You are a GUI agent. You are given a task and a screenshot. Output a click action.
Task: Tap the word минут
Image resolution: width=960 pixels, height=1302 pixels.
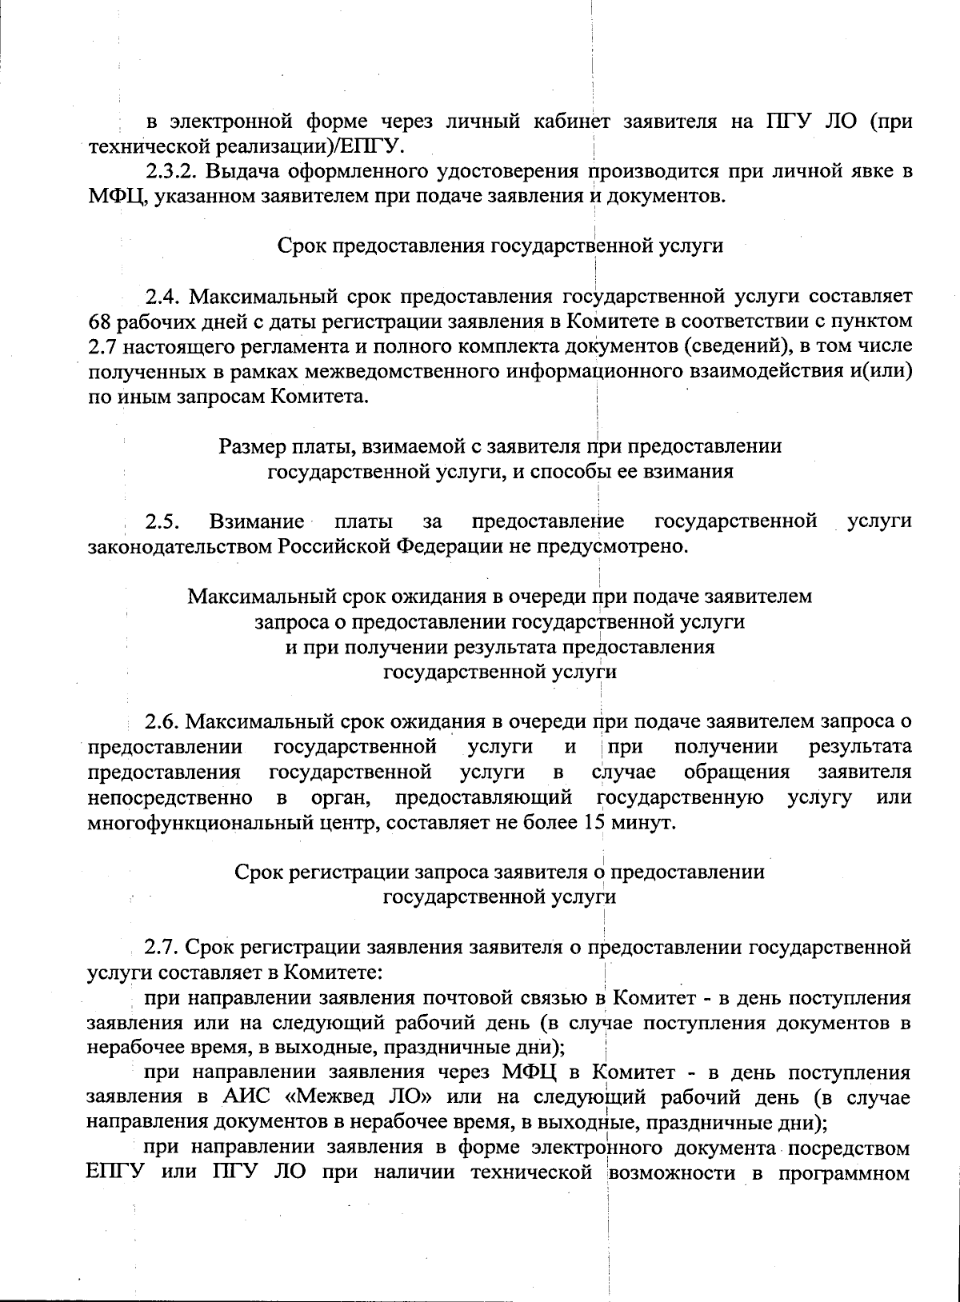(x=639, y=822)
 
